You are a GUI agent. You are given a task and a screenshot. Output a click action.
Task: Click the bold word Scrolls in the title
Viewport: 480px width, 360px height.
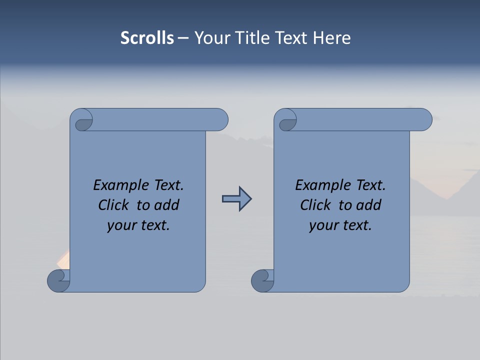(147, 38)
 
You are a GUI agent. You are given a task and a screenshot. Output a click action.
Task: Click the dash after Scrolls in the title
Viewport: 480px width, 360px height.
(183, 38)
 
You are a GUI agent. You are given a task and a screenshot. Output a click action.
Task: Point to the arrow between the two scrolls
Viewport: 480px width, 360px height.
(237, 199)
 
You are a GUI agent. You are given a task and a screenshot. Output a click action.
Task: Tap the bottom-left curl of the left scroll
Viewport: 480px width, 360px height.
(58, 280)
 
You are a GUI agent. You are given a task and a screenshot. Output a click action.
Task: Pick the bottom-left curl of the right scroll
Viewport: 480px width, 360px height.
(262, 280)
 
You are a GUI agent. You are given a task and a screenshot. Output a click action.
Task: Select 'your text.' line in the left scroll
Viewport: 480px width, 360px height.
(138, 225)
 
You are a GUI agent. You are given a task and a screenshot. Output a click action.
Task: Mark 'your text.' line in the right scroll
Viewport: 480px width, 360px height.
(340, 225)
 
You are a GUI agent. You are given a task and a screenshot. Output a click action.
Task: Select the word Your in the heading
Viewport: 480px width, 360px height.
(210, 38)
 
